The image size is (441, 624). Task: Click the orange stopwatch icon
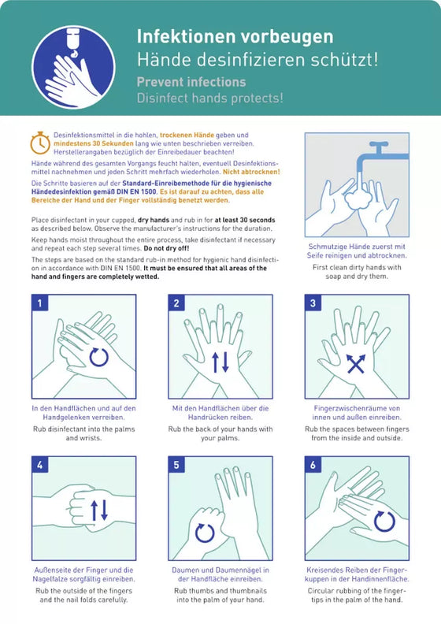click(x=40, y=143)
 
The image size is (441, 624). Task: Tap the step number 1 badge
click(x=39, y=303)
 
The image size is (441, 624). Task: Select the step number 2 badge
click(x=176, y=303)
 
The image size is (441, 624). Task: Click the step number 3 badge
click(x=313, y=303)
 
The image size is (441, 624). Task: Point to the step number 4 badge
click(x=39, y=464)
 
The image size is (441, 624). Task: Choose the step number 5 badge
click(x=176, y=464)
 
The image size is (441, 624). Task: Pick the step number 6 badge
click(x=313, y=464)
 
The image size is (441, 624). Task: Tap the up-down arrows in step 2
click(x=220, y=362)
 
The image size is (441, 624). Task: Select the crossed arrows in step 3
click(x=356, y=364)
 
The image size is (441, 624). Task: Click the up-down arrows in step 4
click(x=99, y=511)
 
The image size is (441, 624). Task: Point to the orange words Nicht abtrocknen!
click(x=251, y=172)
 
